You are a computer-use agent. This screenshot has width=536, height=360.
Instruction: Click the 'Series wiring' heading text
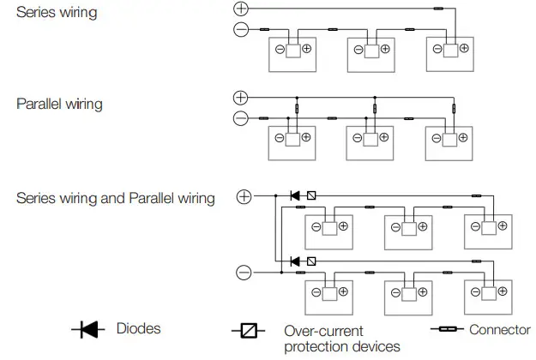pos(51,13)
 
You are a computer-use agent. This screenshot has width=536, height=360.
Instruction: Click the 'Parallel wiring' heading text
pos(59,105)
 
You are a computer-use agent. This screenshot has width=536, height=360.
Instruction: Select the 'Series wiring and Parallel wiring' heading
pos(116,199)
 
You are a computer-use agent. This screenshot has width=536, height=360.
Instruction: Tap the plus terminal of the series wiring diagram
pos(241,9)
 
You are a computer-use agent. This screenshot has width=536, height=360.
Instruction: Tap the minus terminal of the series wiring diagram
pos(241,30)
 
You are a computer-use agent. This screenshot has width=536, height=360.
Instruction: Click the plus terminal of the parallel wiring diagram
pos(241,97)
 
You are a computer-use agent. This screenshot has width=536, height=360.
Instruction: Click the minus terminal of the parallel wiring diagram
pos(241,118)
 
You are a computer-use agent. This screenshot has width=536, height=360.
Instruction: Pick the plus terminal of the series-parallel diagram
pos(244,196)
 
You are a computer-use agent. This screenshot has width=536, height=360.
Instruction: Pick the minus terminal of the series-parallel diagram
pos(244,273)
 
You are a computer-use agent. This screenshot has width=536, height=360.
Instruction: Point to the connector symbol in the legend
pos(446,329)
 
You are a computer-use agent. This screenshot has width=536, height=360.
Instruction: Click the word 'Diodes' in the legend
pos(137,329)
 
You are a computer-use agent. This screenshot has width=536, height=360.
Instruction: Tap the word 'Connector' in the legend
pos(499,329)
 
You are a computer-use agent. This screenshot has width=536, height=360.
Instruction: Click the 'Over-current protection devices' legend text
pos(341,339)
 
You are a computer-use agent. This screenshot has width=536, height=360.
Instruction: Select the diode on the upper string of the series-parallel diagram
pos(295,196)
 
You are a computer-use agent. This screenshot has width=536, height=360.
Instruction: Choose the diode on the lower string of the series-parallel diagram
pos(295,261)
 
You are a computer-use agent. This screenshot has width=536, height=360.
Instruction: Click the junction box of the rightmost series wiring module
pos(451,50)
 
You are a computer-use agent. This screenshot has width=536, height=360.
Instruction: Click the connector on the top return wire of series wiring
pos(438,9)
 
